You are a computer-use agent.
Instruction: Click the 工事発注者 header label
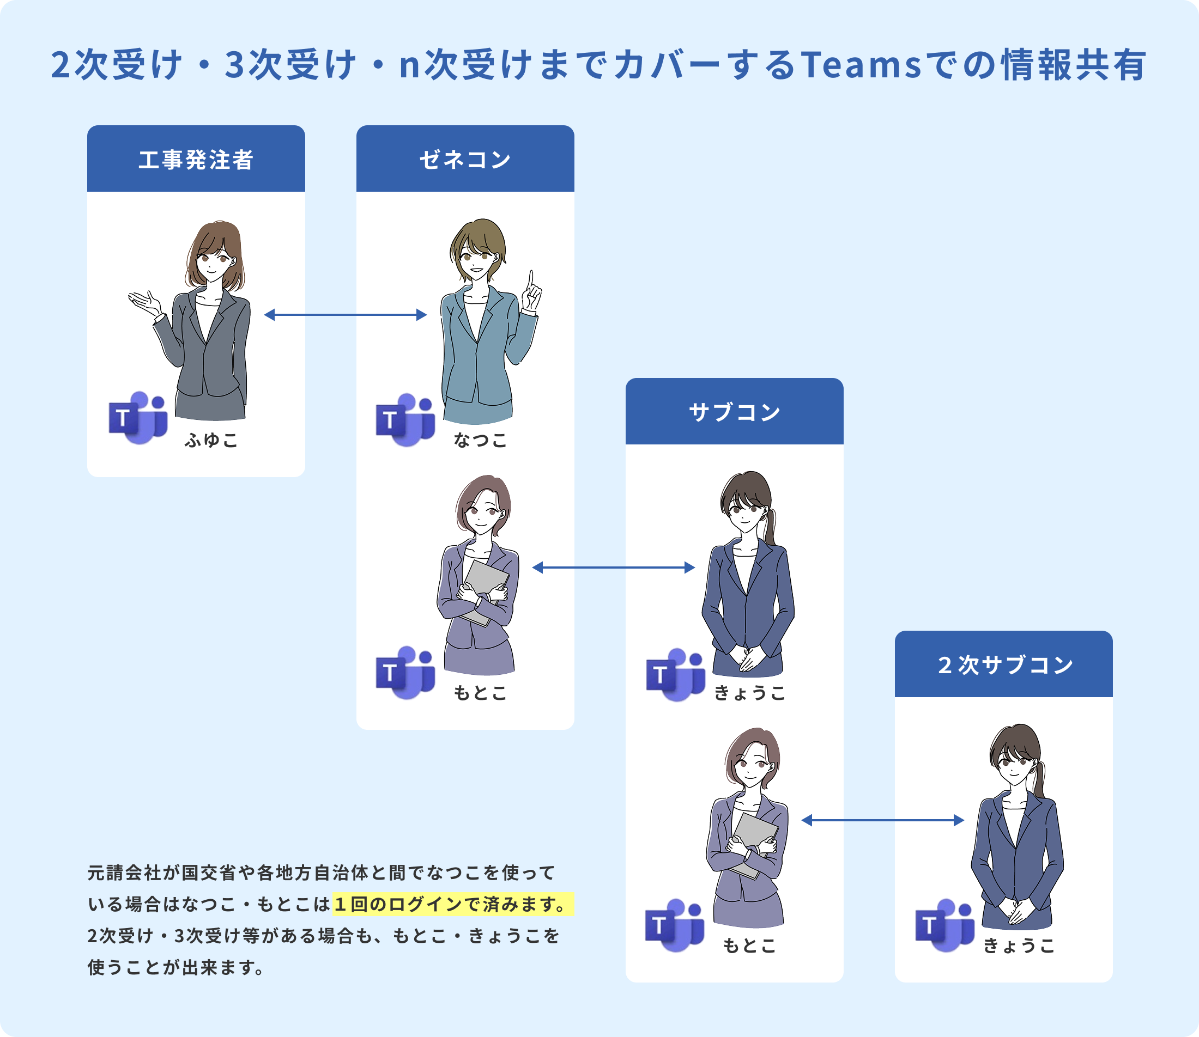pos(196,160)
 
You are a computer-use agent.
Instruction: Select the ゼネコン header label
pos(465,160)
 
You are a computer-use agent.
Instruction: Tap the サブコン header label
pos(734,412)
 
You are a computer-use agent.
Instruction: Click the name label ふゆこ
pos(211,441)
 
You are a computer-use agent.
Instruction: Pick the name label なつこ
pos(481,441)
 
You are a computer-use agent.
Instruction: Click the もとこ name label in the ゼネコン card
pos(481,693)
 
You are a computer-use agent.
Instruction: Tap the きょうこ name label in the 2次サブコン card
pos(1019,946)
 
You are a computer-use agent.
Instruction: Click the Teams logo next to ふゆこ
pos(138,418)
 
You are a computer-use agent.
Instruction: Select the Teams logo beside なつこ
pos(405,420)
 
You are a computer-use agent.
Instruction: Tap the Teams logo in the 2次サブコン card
pos(945,925)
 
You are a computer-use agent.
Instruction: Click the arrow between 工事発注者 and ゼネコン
pos(345,315)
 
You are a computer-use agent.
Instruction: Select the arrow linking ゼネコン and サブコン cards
pos(613,568)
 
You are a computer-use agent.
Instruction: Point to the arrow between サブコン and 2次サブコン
pos(882,820)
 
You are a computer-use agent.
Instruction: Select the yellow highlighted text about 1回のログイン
pos(453,904)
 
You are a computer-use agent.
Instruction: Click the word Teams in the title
pos(862,65)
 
